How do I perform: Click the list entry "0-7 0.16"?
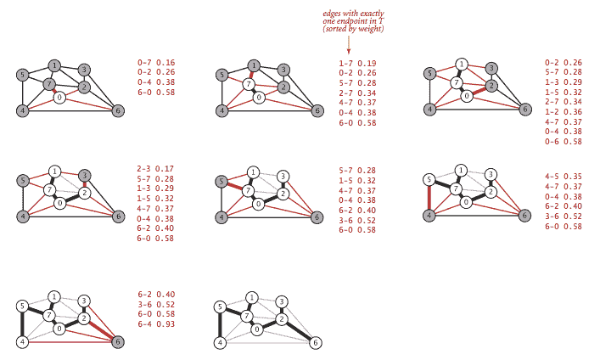click(156, 63)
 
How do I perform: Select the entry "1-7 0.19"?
click(357, 63)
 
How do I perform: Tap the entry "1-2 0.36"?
click(564, 112)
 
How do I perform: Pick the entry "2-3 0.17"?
click(155, 168)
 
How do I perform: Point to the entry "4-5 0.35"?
click(564, 177)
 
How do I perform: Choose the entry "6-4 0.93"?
click(156, 324)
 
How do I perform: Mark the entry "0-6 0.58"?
click(564, 141)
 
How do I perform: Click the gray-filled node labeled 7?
click(49, 84)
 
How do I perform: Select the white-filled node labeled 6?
click(316, 343)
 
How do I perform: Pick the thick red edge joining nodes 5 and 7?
click(234, 186)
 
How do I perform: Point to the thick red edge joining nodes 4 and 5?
click(429, 197)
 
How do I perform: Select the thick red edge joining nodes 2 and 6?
click(101, 329)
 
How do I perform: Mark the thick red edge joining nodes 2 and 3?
click(85, 184)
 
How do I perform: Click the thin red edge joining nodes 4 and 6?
click(70, 341)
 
